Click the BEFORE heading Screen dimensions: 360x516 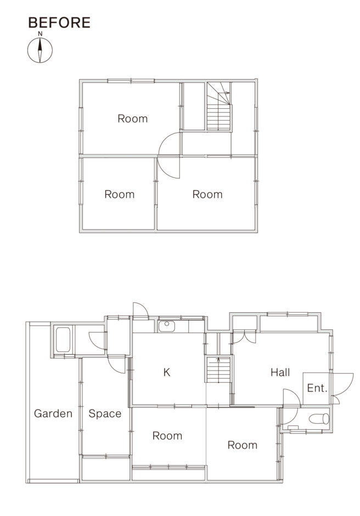pos(59,23)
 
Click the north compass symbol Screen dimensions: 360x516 pos(40,51)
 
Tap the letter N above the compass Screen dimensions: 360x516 pos(40,33)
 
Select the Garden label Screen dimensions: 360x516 pos(53,413)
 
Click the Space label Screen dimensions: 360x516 pos(105,414)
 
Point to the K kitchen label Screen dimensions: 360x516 pos(167,372)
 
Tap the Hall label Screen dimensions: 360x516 pos(280,372)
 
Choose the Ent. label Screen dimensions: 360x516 pos(317,388)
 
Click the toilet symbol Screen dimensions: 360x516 pos(319,419)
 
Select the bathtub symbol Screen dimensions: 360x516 pos(63,340)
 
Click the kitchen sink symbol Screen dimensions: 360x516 pos(167,326)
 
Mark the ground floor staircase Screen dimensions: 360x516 pos(218,369)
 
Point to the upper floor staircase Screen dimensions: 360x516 pos(218,106)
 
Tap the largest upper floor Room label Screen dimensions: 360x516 pos(133,119)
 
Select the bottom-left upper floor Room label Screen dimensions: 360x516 pos(120,194)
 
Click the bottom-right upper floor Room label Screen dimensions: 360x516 pos(207,194)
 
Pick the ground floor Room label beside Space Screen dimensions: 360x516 pos(167,436)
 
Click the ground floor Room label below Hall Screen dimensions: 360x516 pos(242,445)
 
